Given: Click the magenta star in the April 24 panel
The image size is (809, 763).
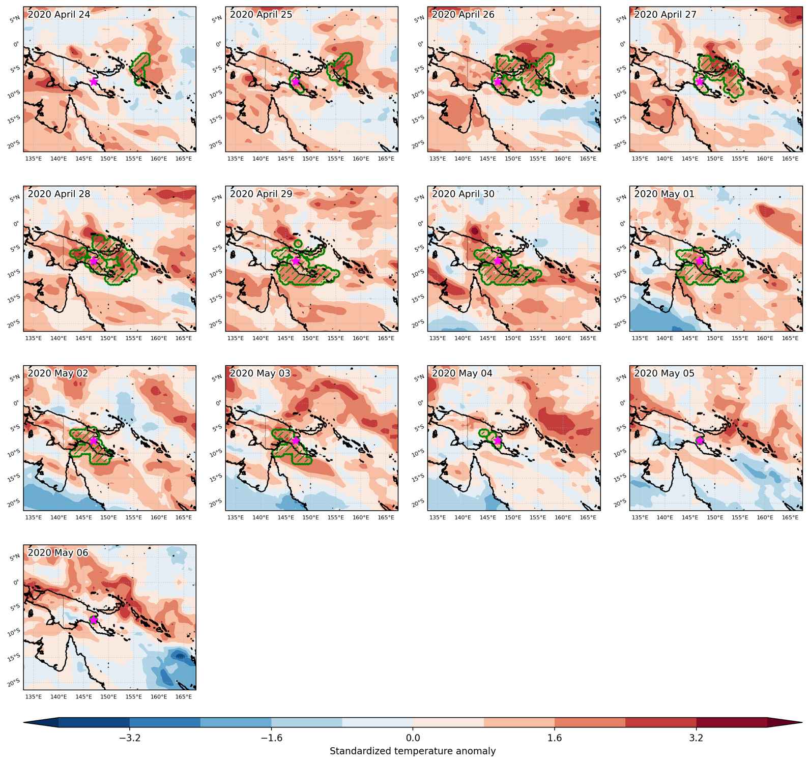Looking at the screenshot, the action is (x=94, y=81).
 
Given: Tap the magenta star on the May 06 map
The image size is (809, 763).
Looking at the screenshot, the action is (x=94, y=620).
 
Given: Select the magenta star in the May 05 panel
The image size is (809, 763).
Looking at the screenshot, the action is (x=700, y=441).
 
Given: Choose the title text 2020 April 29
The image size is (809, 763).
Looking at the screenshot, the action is (x=261, y=194).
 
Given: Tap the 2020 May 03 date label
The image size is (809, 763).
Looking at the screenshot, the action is (x=260, y=373).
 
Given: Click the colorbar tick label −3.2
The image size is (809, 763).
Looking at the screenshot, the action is (x=130, y=738).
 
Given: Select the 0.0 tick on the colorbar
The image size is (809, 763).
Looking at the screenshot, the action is (x=413, y=738).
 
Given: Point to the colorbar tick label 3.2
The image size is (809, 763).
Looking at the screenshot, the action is (x=696, y=738).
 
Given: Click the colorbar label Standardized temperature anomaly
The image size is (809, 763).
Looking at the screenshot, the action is (x=413, y=751).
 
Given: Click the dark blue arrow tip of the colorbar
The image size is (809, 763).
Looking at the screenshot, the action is (x=41, y=722).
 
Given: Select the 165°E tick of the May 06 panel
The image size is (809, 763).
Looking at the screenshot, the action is (x=184, y=696).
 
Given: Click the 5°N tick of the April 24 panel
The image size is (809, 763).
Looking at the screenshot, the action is (x=15, y=19).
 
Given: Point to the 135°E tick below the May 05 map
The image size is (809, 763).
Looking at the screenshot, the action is (x=640, y=517).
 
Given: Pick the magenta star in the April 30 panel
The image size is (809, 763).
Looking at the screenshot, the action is (x=498, y=261).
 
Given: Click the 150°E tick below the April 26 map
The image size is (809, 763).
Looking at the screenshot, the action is (x=513, y=159).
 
